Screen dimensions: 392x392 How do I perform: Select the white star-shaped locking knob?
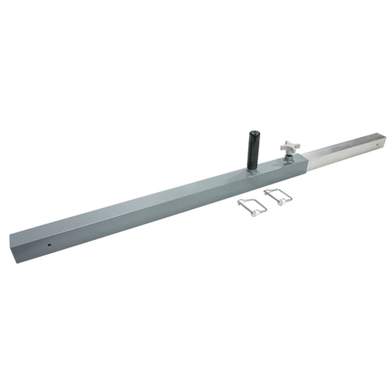point(289,146)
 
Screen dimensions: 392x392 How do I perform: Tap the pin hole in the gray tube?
point(50,243)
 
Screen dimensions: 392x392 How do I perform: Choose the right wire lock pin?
point(278,196)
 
